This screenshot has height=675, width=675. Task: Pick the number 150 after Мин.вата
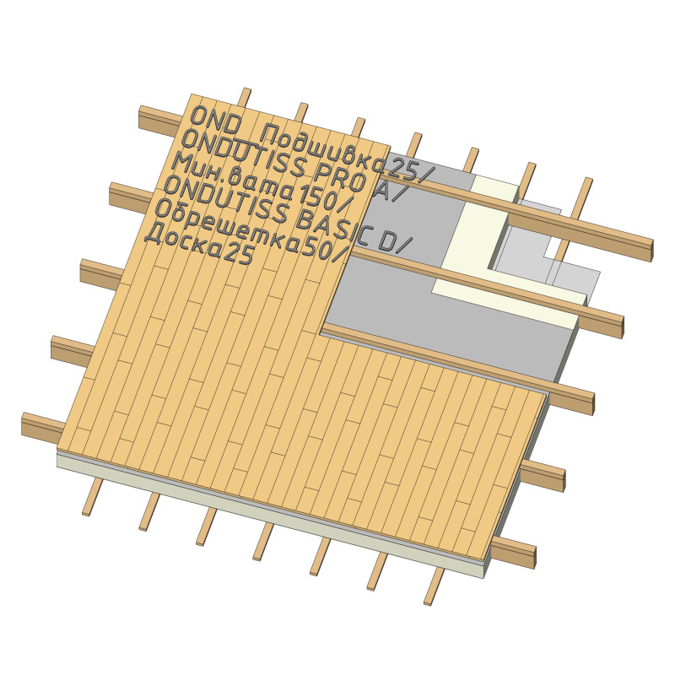(317, 201)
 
